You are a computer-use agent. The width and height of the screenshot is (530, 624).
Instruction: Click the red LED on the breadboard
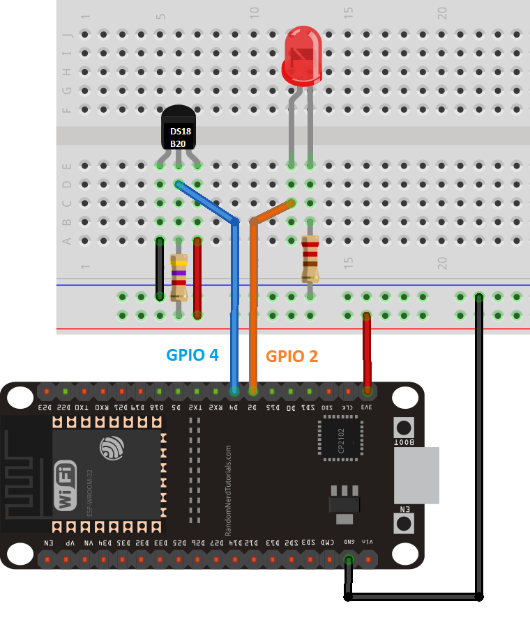pyautogui.click(x=301, y=56)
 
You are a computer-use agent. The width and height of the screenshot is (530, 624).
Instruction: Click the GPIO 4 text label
pyautogui.click(x=192, y=354)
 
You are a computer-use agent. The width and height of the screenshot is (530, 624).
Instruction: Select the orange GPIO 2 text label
pyautogui.click(x=291, y=357)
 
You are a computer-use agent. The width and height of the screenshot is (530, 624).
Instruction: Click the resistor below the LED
pyautogui.click(x=310, y=258)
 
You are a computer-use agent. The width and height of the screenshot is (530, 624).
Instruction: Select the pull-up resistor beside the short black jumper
pyautogui.click(x=179, y=276)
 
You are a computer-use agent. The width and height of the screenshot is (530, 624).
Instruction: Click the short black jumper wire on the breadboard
pyautogui.click(x=160, y=268)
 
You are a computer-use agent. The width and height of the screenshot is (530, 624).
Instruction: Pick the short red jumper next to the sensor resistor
pyautogui.click(x=197, y=276)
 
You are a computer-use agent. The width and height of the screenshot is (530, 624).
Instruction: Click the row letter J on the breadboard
pyautogui.click(x=68, y=34)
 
